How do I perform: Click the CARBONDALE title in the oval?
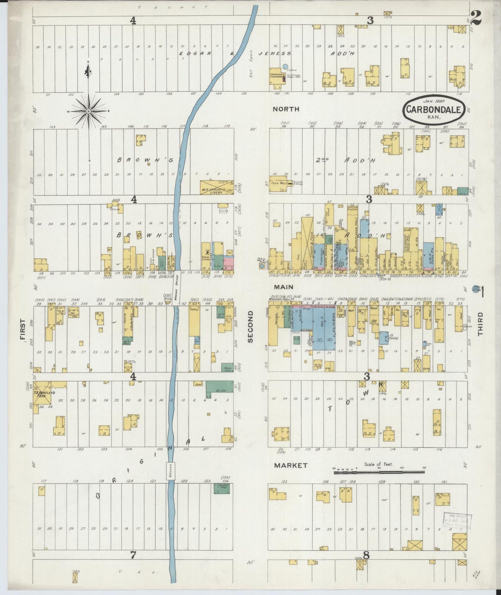click(x=434, y=110)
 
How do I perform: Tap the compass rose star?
click(x=89, y=111)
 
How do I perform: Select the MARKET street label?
click(x=291, y=466)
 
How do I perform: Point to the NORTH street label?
click(x=286, y=109)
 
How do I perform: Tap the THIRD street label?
click(x=480, y=324)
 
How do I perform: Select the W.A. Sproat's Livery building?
click(x=216, y=187)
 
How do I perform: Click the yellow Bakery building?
click(x=195, y=319)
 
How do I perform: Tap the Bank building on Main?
click(x=374, y=308)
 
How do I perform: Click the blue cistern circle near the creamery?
click(x=285, y=66)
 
